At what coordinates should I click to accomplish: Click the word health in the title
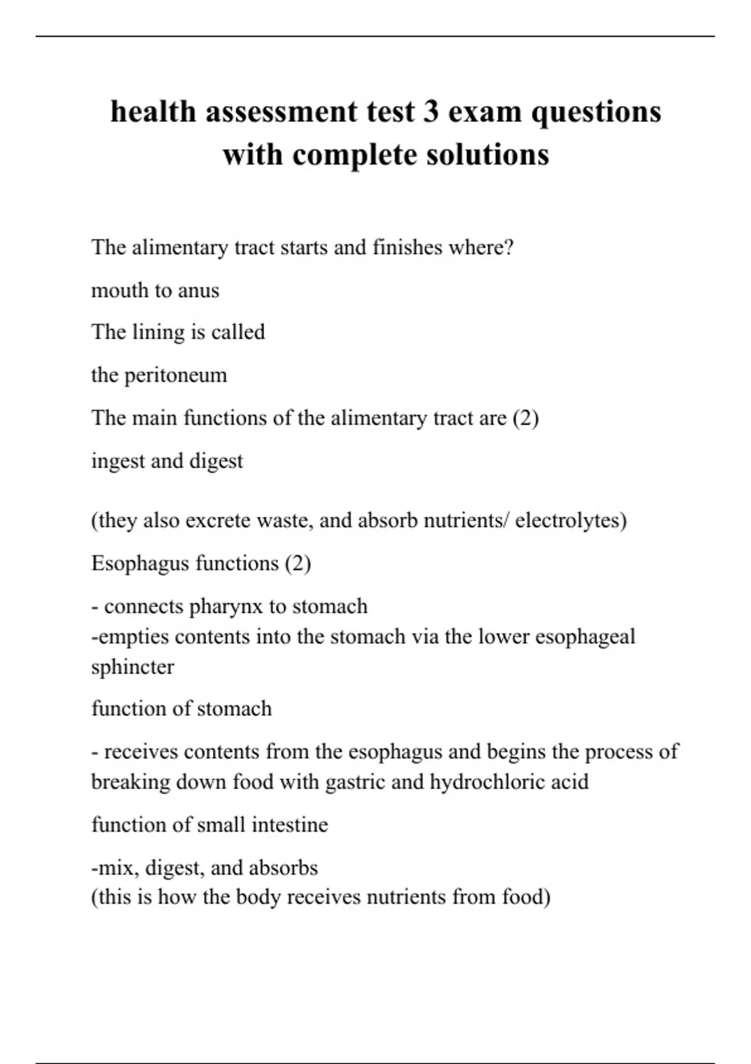[153, 112]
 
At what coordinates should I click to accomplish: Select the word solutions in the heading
[488, 155]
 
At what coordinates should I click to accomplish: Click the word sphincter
[133, 667]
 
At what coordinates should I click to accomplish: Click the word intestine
[289, 824]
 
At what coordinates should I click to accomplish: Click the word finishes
[407, 248]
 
